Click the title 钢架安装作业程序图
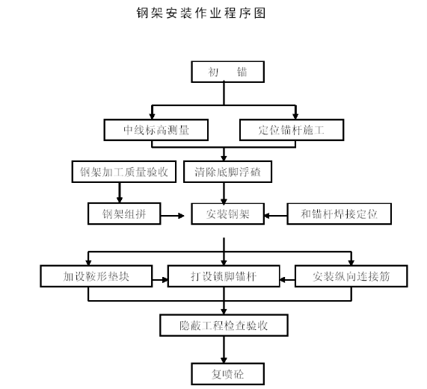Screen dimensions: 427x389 click(201, 13)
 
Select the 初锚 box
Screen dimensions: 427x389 click(227, 72)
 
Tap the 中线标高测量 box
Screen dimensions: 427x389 click(156, 130)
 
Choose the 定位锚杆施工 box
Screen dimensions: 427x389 click(292, 130)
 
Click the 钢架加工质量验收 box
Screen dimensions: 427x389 click(124, 172)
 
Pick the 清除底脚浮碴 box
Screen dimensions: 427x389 click(227, 172)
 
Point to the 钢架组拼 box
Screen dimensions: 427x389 click(124, 214)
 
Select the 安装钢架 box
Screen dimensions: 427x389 click(227, 214)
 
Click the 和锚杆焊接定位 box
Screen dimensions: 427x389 click(339, 214)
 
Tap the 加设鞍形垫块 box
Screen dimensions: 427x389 click(96, 276)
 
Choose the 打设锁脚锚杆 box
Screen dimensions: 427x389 click(224, 276)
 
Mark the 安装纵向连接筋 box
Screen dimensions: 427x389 click(351, 276)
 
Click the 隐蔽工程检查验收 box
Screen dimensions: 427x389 click(224, 326)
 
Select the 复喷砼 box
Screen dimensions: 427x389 click(227, 374)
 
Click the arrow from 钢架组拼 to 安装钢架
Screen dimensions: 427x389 click(173, 216)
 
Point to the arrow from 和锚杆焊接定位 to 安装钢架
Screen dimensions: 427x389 click(276, 216)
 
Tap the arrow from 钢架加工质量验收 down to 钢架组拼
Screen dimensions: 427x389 click(120, 193)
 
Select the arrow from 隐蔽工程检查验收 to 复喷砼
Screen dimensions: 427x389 click(224, 349)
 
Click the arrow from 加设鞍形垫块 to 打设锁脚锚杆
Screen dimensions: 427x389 click(160, 279)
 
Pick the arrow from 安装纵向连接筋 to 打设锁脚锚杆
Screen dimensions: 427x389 click(287, 279)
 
